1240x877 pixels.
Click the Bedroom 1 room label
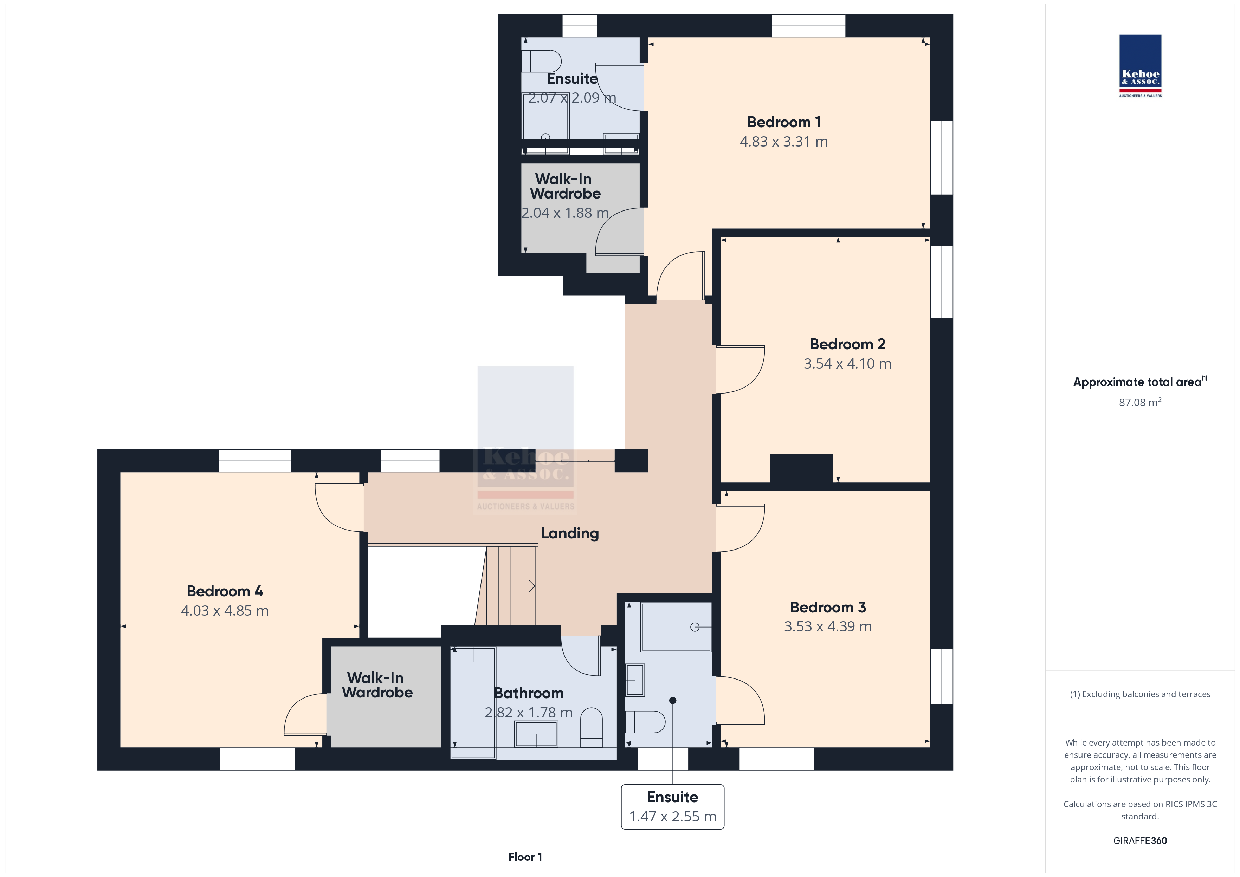[784, 122]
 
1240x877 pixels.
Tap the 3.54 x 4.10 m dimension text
[847, 363]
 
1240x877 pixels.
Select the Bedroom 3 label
[828, 607]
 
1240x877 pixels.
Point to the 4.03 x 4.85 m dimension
[225, 611]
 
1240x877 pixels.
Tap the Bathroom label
[529, 693]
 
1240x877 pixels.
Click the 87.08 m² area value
[1140, 402]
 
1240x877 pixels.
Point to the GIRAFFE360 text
[1140, 841]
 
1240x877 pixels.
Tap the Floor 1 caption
[525, 857]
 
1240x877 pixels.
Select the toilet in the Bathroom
[592, 727]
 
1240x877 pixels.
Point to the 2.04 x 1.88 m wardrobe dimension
[565, 213]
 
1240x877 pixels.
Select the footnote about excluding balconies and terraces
[1140, 695]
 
